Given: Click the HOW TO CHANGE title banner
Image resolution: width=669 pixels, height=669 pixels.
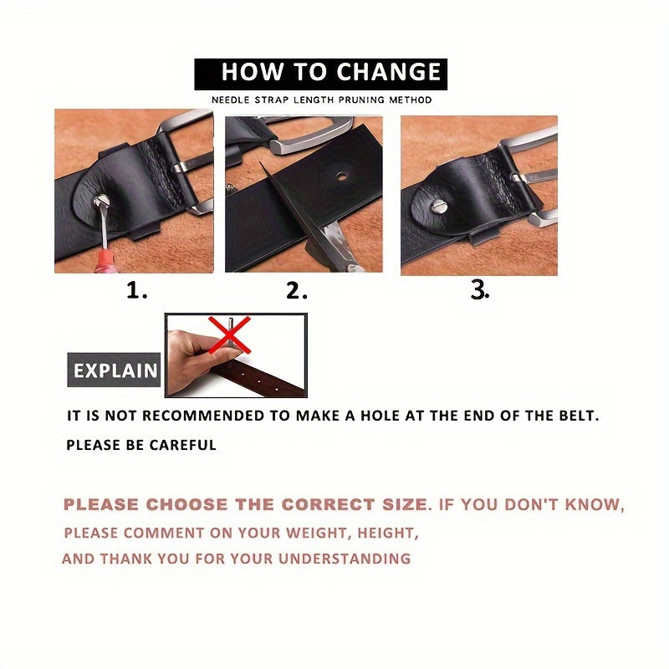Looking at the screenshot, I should (x=321, y=74).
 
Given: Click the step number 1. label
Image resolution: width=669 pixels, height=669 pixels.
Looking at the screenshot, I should (x=136, y=290).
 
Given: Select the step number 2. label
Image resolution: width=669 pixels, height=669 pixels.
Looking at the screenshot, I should (x=297, y=290).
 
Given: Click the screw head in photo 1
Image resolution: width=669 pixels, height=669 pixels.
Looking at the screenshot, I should (x=101, y=201).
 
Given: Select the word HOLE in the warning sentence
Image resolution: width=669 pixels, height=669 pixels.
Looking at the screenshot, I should (x=375, y=416).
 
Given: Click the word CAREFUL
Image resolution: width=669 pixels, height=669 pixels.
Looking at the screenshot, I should (x=182, y=445).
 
